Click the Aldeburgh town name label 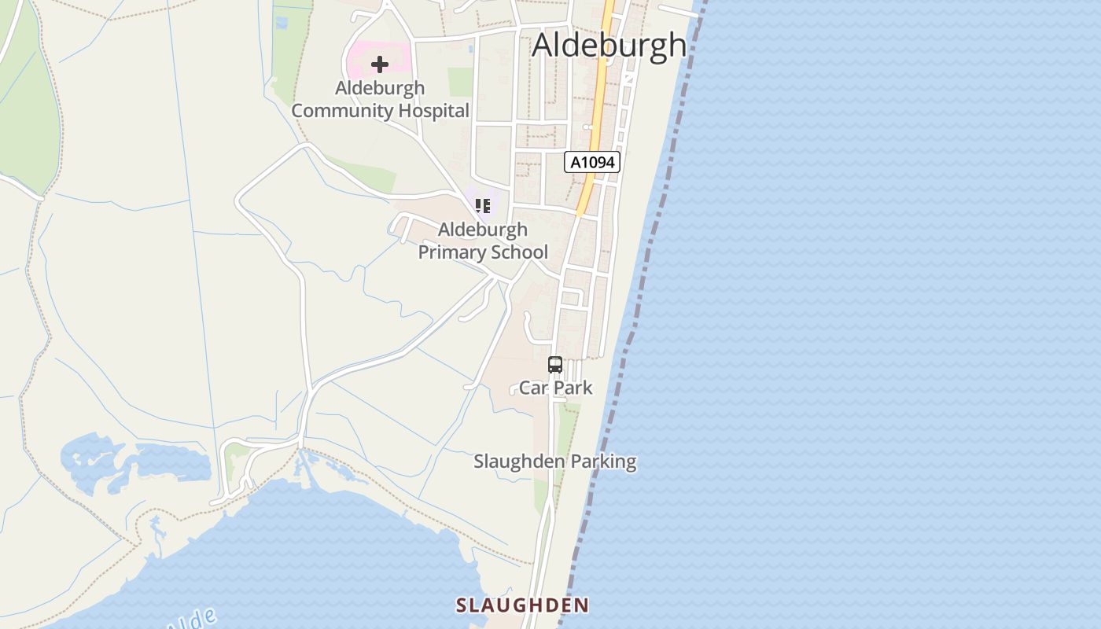pyautogui.click(x=609, y=45)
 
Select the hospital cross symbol pyautogui.click(x=380, y=64)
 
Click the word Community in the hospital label pyautogui.click(x=342, y=111)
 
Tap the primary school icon pyautogui.click(x=483, y=206)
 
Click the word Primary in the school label pyautogui.click(x=454, y=252)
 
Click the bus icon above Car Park pyautogui.click(x=555, y=365)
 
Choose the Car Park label pyautogui.click(x=556, y=388)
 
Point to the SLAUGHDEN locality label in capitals pyautogui.click(x=522, y=605)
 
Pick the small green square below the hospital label pyautogui.click(x=460, y=82)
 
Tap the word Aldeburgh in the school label pyautogui.click(x=482, y=230)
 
